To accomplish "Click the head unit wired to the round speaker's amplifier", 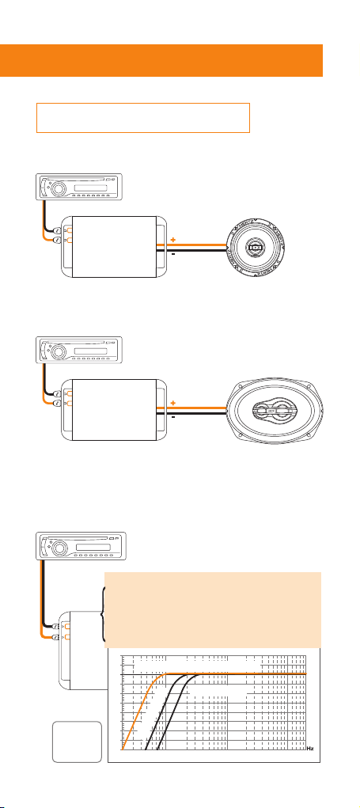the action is [78, 186].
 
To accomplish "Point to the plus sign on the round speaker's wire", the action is [173, 240].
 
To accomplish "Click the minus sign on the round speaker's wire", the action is [173, 254].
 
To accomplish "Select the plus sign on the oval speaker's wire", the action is [173, 402].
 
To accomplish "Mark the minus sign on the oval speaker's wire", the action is [173, 416].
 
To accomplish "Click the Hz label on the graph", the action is [310, 748].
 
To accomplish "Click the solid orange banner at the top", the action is [161, 60].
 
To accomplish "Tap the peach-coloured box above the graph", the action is [213, 609].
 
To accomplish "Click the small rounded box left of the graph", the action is [77, 742].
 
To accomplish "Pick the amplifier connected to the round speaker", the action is [115, 247].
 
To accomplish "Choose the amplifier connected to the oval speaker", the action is [115, 410].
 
